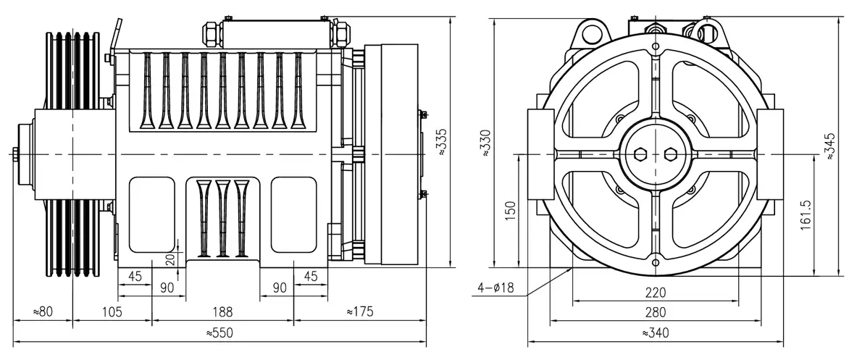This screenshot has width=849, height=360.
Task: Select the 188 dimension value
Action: click(x=222, y=312)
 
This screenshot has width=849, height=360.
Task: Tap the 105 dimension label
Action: click(x=112, y=312)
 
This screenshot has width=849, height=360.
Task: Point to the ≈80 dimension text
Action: click(x=43, y=312)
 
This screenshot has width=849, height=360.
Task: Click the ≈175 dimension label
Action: click(x=360, y=312)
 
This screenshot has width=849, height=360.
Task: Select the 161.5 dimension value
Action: click(x=807, y=214)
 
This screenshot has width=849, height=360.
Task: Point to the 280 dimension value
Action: click(x=655, y=312)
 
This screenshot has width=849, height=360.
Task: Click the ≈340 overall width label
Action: click(x=655, y=333)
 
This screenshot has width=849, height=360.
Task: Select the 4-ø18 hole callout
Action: click(x=495, y=288)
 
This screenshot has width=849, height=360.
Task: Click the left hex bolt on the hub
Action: click(x=640, y=154)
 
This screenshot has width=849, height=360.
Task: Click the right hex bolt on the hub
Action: click(x=670, y=154)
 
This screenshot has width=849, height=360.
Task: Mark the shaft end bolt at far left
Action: click(x=15, y=154)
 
